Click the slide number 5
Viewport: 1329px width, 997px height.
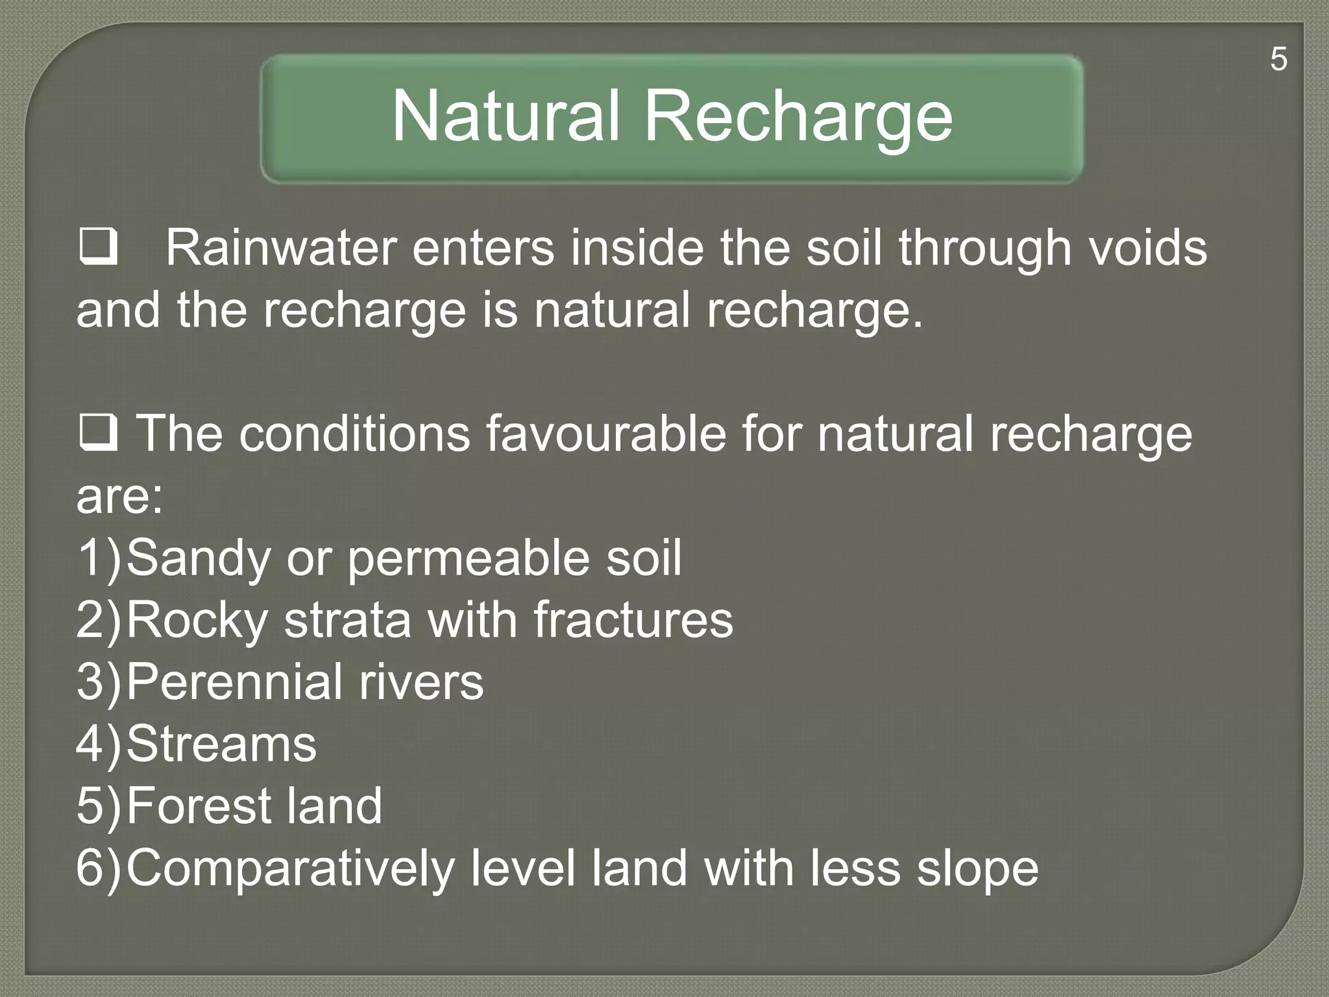click(x=1278, y=60)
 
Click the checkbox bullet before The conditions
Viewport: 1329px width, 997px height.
click(x=98, y=433)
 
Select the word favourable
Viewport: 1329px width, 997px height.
click(x=606, y=434)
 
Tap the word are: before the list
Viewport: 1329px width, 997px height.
click(x=119, y=497)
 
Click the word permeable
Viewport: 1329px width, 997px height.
click(x=469, y=558)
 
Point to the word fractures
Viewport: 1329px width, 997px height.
click(x=633, y=620)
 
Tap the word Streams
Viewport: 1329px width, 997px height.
click(x=221, y=744)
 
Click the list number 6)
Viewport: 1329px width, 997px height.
click(x=99, y=867)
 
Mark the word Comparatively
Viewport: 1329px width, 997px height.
click(x=290, y=868)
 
